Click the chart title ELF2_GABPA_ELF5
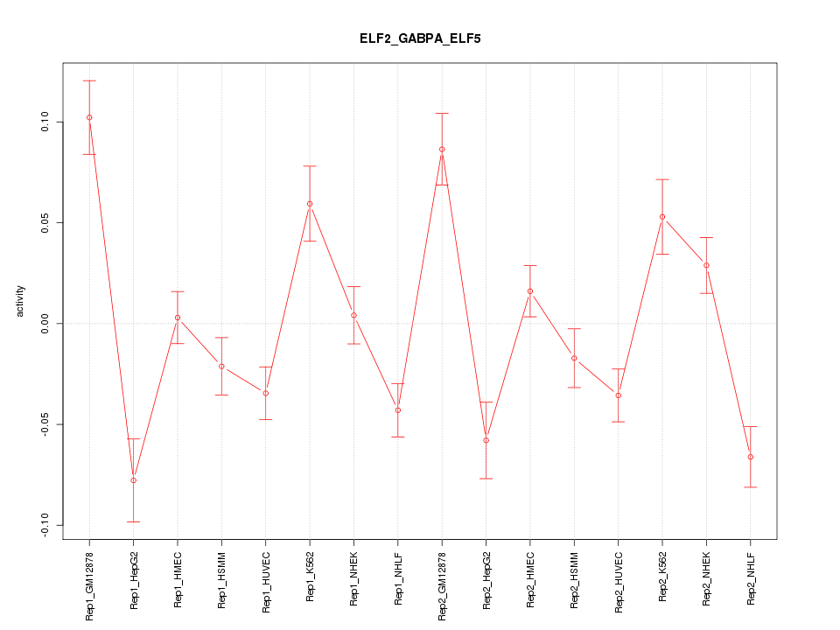pyautogui.click(x=420, y=39)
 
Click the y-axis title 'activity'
pyautogui.click(x=20, y=301)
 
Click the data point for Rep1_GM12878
pyautogui.click(x=89, y=117)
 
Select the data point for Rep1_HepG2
pyautogui.click(x=133, y=480)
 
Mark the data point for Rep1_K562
pyautogui.click(x=310, y=204)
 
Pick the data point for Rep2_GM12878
pyautogui.click(x=442, y=150)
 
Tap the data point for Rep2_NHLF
pyautogui.click(x=751, y=457)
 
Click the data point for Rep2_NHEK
pyautogui.click(x=706, y=265)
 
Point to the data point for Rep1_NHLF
pyautogui.click(x=398, y=410)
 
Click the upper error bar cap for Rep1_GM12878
pyautogui.click(x=89, y=80)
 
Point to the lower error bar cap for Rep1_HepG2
pyautogui.click(x=133, y=521)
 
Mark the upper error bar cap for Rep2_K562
pyautogui.click(x=662, y=179)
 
